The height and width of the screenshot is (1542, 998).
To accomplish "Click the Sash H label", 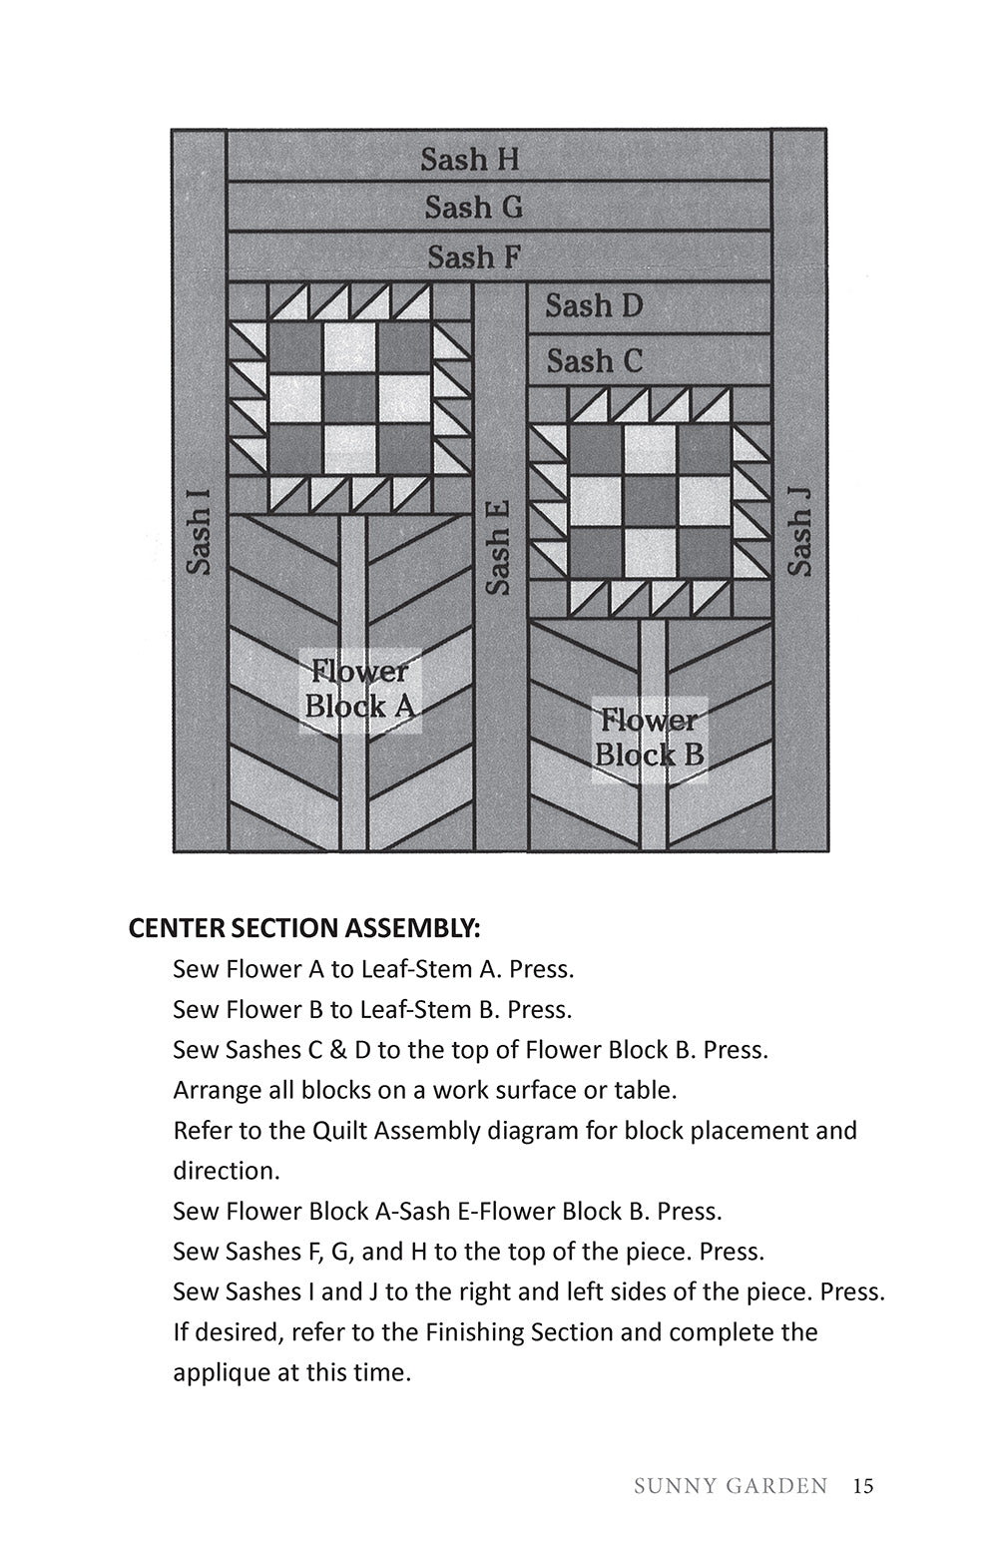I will [469, 160].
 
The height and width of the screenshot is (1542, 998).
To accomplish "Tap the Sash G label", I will [473, 208].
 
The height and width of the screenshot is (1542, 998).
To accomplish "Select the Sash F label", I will [474, 257].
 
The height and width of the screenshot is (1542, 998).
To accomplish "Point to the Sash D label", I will [594, 305].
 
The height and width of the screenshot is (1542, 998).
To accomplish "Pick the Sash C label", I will [594, 360].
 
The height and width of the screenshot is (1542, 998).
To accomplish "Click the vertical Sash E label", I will [498, 547].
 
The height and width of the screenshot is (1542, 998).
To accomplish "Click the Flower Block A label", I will [358, 689].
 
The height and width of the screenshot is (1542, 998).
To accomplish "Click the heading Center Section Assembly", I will [304, 928].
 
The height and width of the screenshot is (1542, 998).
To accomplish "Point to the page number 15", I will [863, 1486].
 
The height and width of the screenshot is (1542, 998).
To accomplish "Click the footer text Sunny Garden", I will [731, 1486].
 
